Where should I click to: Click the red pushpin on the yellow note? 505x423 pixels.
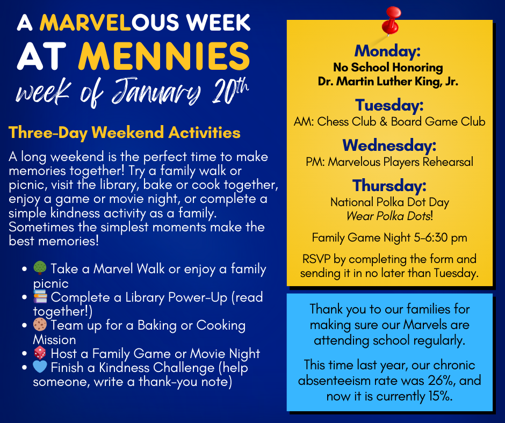tap(391, 21)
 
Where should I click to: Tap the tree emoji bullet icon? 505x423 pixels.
tap(40, 268)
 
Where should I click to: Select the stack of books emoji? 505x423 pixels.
tap(40, 296)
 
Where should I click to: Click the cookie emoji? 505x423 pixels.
tap(40, 324)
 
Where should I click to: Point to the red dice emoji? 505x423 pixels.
tap(40, 353)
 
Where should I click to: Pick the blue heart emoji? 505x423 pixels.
tap(40, 367)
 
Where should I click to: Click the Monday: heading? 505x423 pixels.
tap(387, 51)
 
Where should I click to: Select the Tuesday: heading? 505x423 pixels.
tap(389, 105)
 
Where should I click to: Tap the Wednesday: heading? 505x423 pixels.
tap(389, 145)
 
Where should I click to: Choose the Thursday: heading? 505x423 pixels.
tap(389, 185)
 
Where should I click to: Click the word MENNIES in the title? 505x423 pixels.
tap(164, 56)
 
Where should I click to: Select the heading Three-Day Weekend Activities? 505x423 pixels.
tap(124, 133)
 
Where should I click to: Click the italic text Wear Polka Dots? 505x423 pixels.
tap(389, 216)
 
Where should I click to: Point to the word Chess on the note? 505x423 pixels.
tap(333, 122)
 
